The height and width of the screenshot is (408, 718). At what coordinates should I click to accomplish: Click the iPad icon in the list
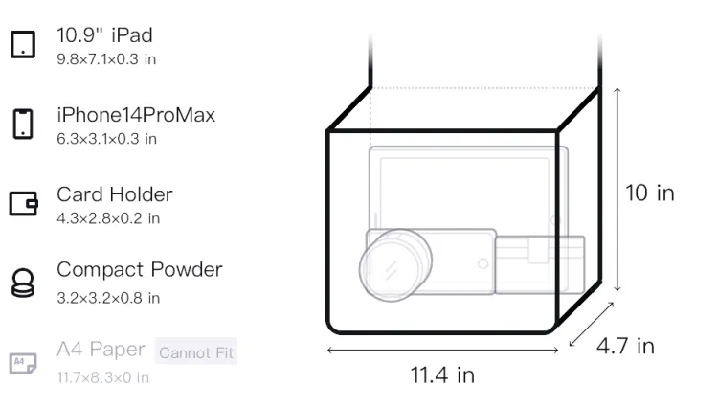(23, 44)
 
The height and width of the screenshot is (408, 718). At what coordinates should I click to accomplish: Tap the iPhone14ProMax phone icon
(23, 124)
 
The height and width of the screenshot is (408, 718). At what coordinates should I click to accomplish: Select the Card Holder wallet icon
(23, 203)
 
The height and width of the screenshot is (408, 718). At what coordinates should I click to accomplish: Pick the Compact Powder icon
(23, 283)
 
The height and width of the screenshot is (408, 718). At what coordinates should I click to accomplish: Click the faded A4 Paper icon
(23, 363)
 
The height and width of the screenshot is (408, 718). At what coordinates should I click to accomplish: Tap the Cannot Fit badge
(196, 351)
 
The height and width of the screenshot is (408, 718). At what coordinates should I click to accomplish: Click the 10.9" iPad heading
(105, 35)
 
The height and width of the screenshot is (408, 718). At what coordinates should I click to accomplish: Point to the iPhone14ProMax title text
(136, 115)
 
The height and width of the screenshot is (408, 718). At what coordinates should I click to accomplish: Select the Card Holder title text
(115, 194)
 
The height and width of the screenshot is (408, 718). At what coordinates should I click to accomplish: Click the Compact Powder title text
(140, 270)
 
